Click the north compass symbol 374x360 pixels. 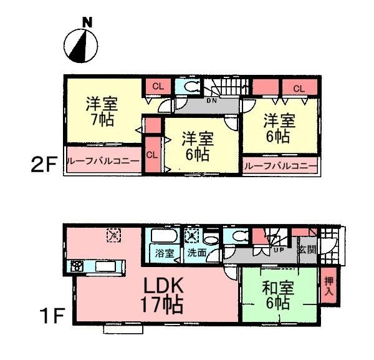[x=81, y=46]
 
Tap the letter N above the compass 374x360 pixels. [x=87, y=23]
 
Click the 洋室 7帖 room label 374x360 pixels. [x=102, y=111]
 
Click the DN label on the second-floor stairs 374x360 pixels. [x=213, y=99]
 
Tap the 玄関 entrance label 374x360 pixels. [x=307, y=250]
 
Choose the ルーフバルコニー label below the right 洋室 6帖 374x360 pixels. [x=279, y=167]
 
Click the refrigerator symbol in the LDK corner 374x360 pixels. [x=113, y=235]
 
